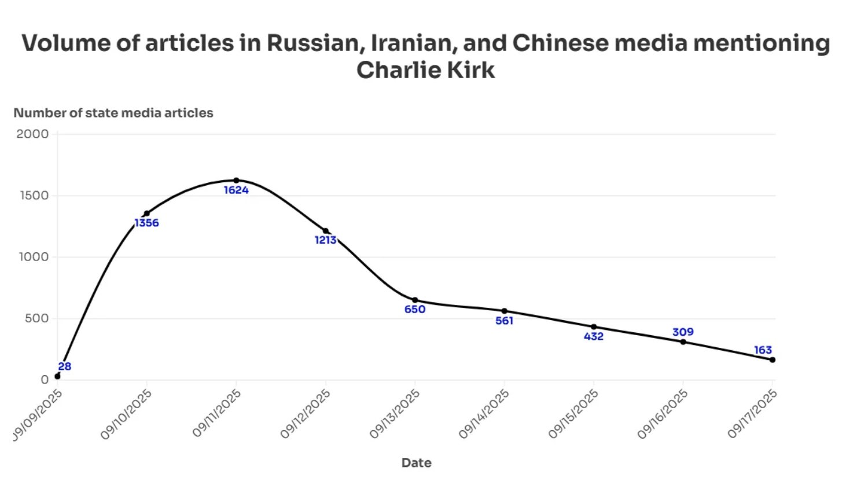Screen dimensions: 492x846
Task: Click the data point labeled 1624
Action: pos(236,181)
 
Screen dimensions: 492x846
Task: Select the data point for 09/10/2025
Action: pos(146,214)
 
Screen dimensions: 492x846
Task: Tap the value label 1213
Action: pos(325,240)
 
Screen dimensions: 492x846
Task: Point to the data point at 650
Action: pos(415,300)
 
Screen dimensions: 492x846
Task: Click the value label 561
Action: pos(504,321)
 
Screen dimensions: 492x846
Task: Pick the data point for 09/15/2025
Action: pos(594,327)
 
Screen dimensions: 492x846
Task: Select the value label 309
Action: pos(683,332)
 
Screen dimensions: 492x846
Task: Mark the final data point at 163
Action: pos(773,360)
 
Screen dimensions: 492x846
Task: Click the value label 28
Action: pos(64,366)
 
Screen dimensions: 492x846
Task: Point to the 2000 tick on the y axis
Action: pos(32,134)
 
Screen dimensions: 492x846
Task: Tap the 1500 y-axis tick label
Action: pos(34,196)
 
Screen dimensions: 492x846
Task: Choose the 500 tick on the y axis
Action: pos(36,318)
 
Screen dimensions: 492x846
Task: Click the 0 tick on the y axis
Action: pos(45,380)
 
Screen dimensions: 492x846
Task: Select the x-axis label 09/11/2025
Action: pos(217,413)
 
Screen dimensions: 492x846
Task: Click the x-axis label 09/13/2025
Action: pos(395,413)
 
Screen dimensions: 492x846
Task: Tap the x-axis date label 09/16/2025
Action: pos(663,413)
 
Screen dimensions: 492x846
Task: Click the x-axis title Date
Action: pos(416,462)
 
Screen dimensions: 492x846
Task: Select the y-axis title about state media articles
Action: pos(113,113)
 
